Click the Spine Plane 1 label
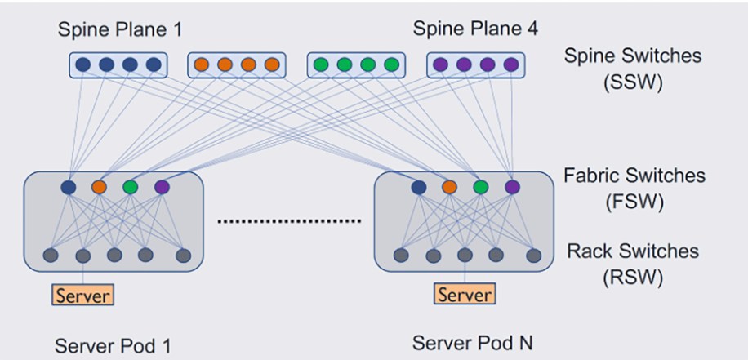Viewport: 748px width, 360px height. click(119, 30)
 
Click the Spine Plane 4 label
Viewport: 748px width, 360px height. click(475, 29)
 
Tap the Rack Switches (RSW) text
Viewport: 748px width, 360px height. click(633, 264)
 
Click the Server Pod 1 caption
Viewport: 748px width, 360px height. click(114, 344)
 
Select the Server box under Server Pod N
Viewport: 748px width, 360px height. click(464, 294)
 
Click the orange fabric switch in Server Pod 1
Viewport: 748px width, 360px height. click(100, 188)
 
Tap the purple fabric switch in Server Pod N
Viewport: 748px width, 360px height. click(511, 188)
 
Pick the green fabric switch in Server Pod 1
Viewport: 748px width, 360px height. click(131, 188)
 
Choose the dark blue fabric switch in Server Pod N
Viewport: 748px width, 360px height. click(419, 188)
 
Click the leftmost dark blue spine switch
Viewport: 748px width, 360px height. click(82, 64)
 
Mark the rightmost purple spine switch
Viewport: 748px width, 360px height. click(511, 64)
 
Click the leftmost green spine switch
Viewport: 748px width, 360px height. click(322, 64)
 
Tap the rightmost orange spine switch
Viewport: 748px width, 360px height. click(272, 64)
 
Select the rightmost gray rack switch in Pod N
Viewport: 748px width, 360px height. click(533, 255)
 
